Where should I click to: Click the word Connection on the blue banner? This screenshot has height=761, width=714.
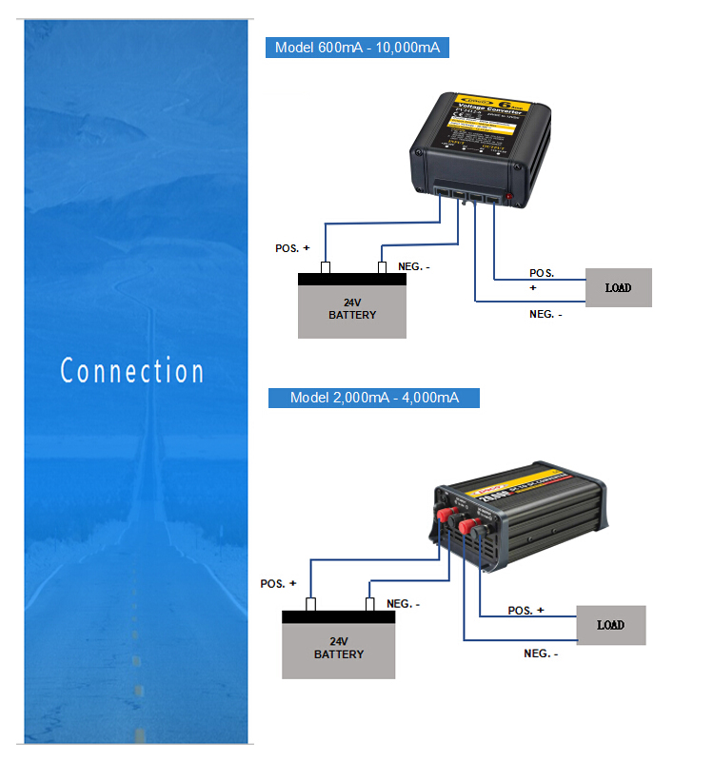click(132, 371)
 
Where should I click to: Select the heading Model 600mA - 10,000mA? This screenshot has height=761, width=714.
click(357, 48)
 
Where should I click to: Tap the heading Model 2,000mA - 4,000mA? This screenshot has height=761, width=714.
click(374, 398)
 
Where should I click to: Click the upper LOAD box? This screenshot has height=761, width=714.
click(617, 287)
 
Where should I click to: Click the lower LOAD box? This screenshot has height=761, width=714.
click(610, 625)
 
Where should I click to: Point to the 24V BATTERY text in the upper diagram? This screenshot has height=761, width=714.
click(352, 308)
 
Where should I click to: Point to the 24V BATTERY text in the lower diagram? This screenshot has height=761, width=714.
click(339, 648)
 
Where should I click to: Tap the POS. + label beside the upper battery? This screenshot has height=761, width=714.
click(292, 248)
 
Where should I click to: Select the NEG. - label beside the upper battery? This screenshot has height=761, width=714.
click(414, 267)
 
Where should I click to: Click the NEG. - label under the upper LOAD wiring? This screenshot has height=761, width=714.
click(545, 314)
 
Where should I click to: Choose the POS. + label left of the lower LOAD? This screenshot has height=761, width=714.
click(526, 610)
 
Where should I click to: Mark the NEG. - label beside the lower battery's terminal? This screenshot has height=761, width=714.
click(404, 604)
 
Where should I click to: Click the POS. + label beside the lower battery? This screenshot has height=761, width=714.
click(278, 583)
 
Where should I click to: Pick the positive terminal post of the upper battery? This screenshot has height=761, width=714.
click(325, 267)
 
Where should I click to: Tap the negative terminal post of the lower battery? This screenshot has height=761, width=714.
click(370, 604)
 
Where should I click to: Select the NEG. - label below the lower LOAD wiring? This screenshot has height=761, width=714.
click(541, 654)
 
